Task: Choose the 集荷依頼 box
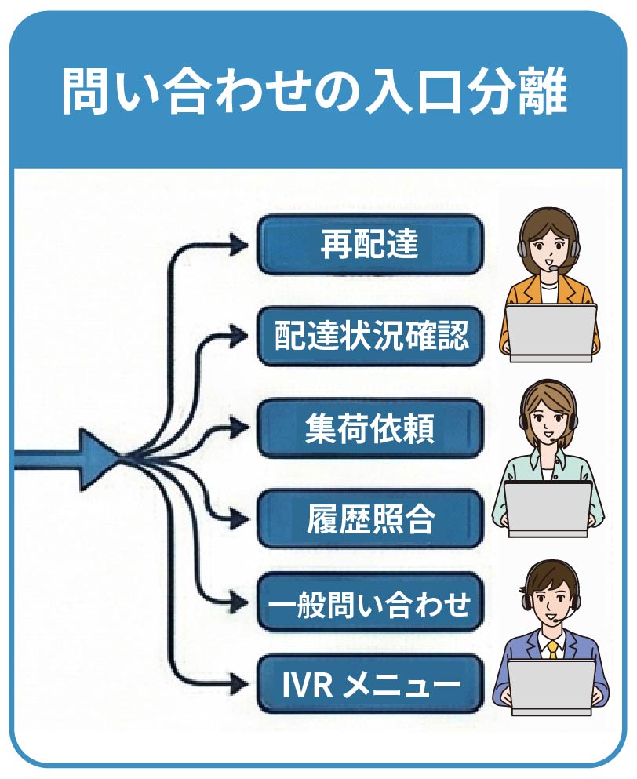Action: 369,428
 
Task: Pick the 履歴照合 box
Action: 369,519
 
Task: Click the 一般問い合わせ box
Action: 369,603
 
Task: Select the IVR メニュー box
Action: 369,684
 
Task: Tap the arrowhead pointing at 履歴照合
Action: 239,519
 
